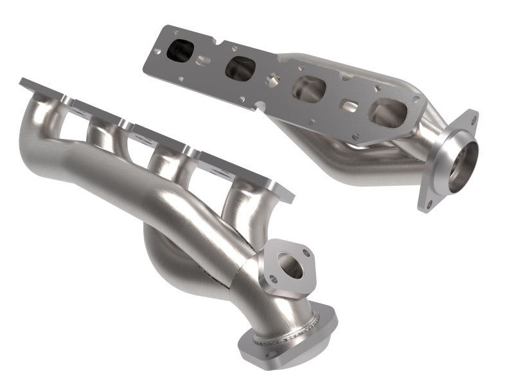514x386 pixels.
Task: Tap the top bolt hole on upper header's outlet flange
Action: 474,119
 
